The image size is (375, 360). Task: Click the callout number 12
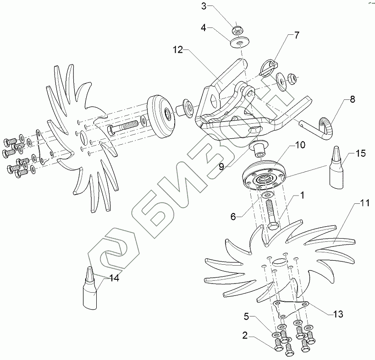point(178,50)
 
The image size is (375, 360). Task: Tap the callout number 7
point(297,35)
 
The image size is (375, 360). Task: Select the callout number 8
point(353,99)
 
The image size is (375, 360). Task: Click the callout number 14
point(114,278)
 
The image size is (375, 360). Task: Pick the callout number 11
point(365,203)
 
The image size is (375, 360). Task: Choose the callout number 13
point(338,314)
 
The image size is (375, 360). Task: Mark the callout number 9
point(221,167)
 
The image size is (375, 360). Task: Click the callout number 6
point(233,217)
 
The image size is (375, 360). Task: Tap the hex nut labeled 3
point(237,30)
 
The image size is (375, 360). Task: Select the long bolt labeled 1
point(272,214)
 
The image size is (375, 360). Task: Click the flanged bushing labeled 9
point(259,148)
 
